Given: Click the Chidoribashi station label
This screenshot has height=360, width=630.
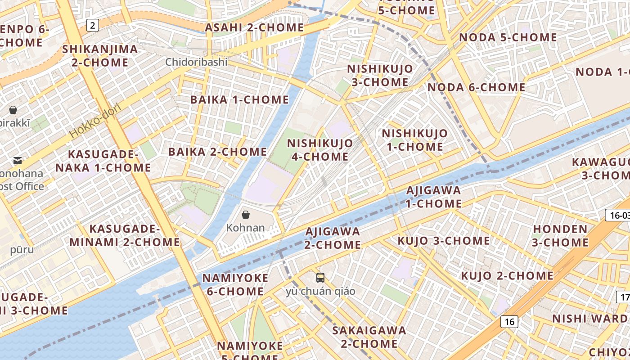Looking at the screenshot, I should tap(196, 62).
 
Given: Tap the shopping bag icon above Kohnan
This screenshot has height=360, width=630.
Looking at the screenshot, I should tap(246, 215).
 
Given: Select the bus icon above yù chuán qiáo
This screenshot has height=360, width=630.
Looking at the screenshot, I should tap(320, 278).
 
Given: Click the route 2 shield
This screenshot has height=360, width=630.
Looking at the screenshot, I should tap(92, 25).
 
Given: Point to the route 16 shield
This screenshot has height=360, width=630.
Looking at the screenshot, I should tap(509, 322).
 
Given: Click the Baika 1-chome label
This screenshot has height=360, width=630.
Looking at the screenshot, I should tap(239, 100).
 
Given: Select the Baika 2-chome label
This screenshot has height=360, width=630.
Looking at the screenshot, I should tap(218, 152).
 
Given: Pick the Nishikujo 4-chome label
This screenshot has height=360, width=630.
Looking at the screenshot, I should tap(320, 150).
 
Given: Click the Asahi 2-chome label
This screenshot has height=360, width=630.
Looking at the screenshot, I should tap(254, 27).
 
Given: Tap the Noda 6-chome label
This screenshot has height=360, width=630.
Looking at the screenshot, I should tap(476, 87).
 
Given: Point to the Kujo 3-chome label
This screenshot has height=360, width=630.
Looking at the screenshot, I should tap(443, 241).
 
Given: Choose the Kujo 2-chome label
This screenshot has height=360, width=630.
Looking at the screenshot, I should tap(507, 275).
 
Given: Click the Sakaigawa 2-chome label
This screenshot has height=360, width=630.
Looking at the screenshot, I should tap(369, 337).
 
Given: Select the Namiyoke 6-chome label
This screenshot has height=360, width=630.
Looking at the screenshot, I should tap(235, 285).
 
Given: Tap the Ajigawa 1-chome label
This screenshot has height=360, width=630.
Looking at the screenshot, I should tap(434, 197).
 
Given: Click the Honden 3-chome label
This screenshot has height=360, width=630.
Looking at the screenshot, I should tap(560, 236).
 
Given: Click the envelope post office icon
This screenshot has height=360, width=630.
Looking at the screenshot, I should tap(18, 161).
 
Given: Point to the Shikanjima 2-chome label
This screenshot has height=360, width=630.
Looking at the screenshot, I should tap(100, 56).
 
